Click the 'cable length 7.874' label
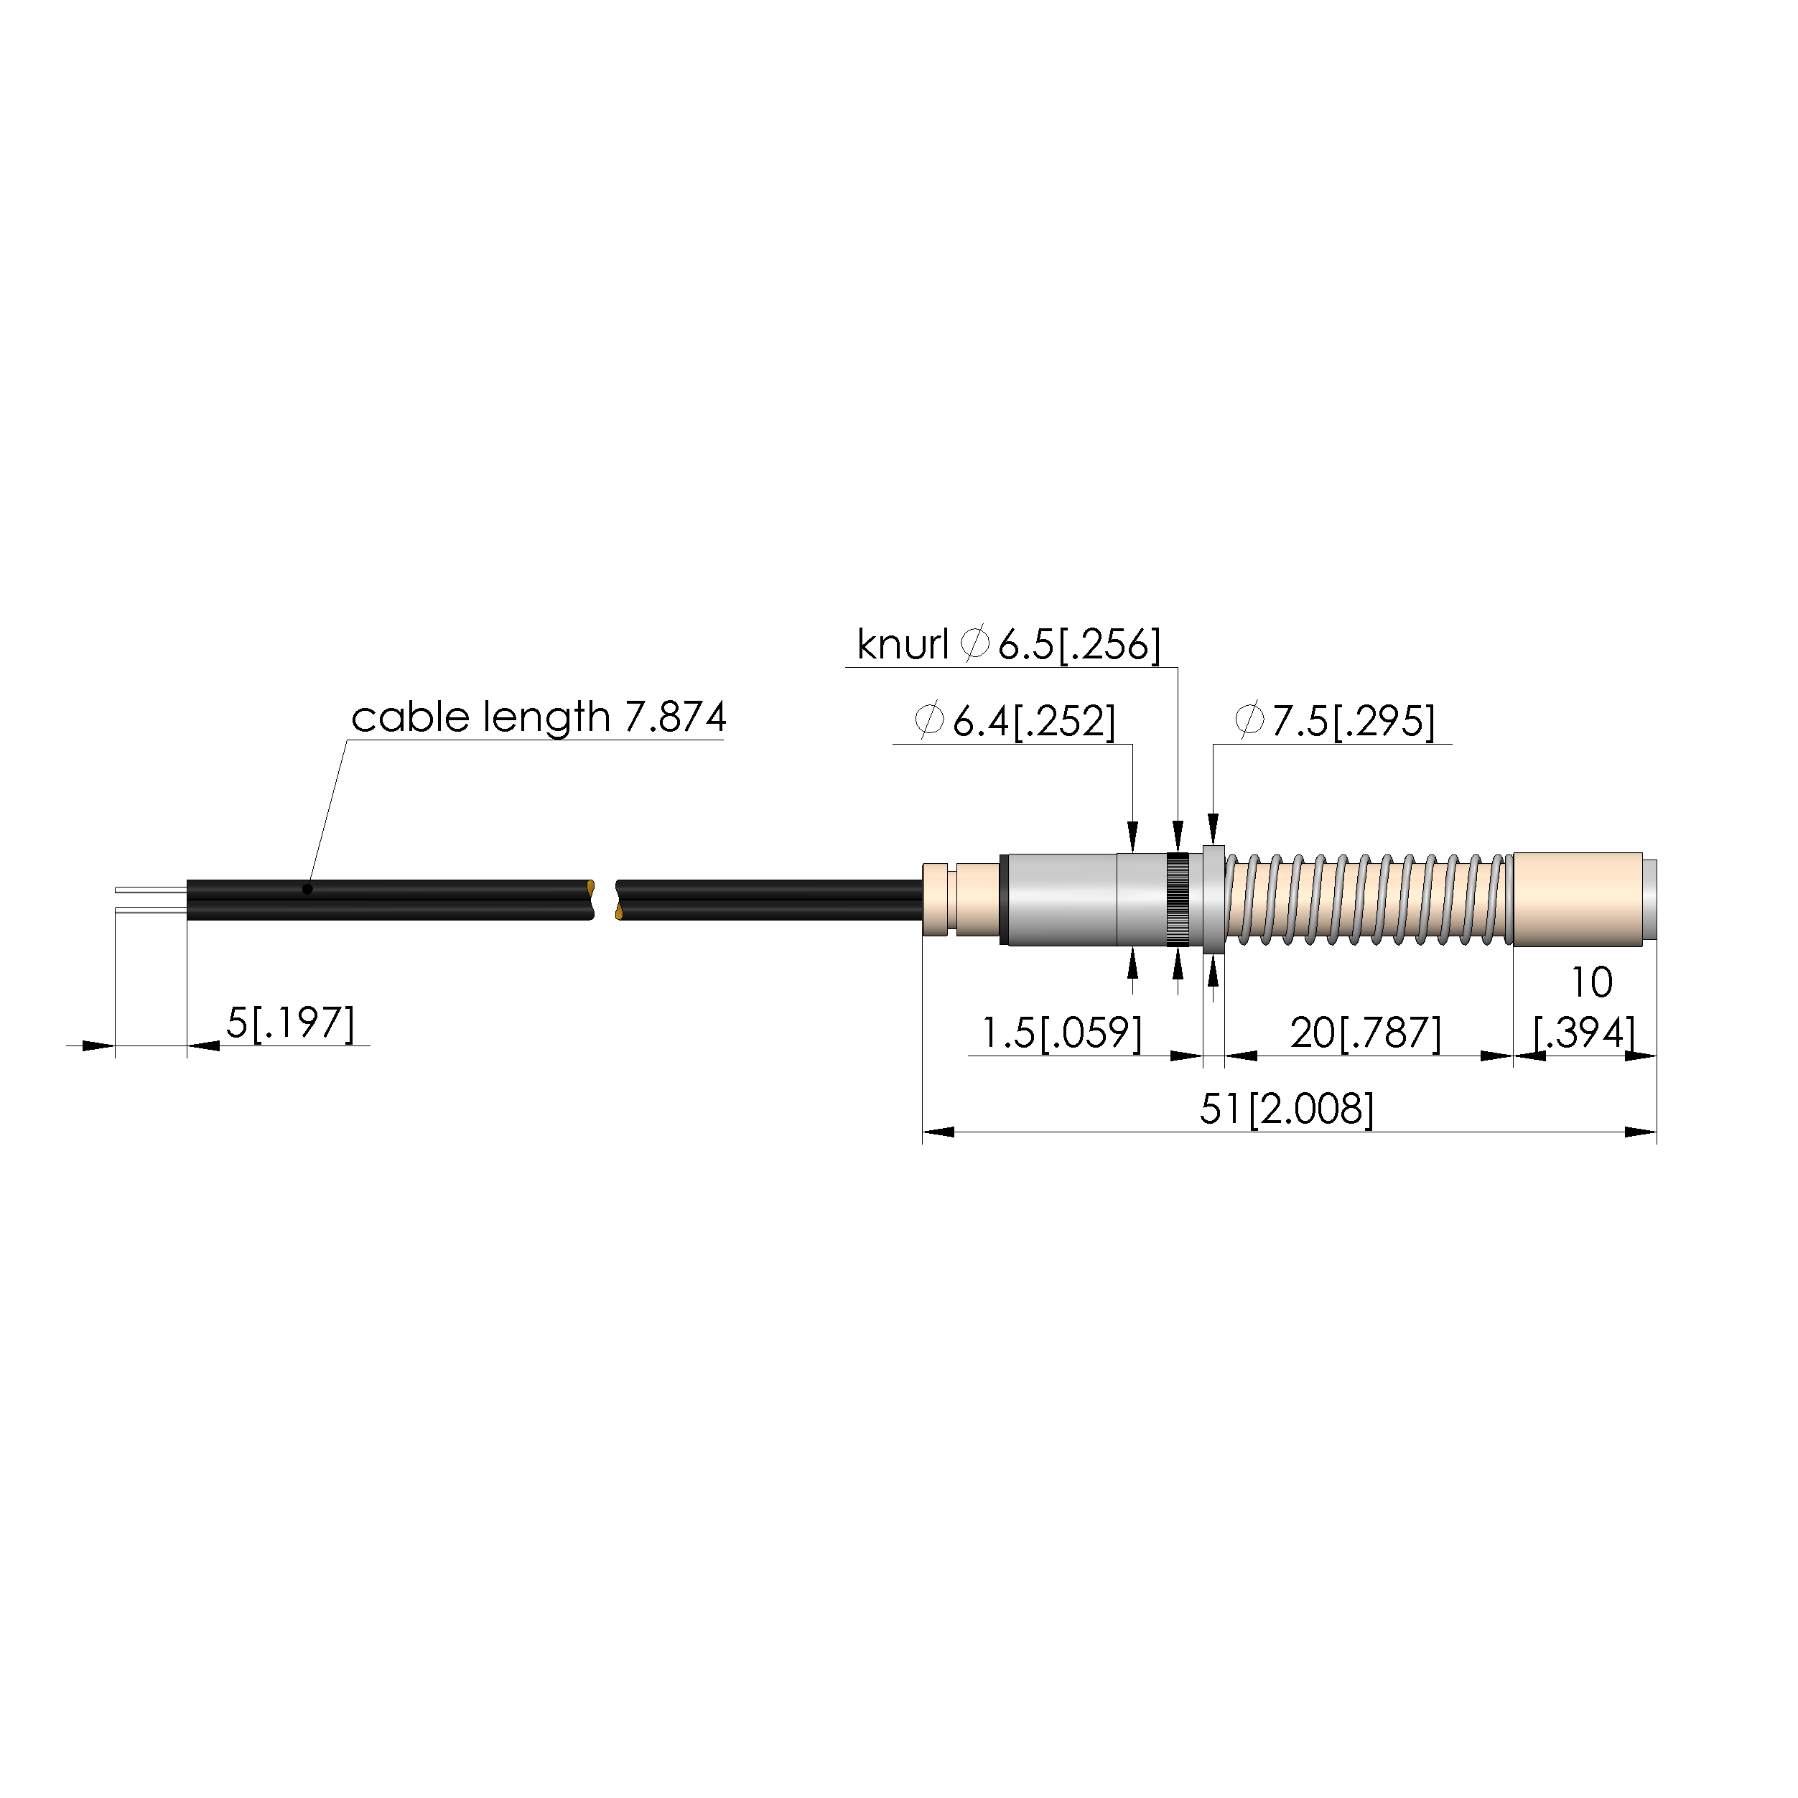(538, 717)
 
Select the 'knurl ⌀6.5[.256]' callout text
(1009, 644)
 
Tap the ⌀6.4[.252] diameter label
(1015, 721)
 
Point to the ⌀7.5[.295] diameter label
(1335, 721)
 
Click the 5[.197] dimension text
(290, 1023)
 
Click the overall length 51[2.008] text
(1286, 1109)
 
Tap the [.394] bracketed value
(1584, 1032)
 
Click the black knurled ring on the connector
(1178, 900)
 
